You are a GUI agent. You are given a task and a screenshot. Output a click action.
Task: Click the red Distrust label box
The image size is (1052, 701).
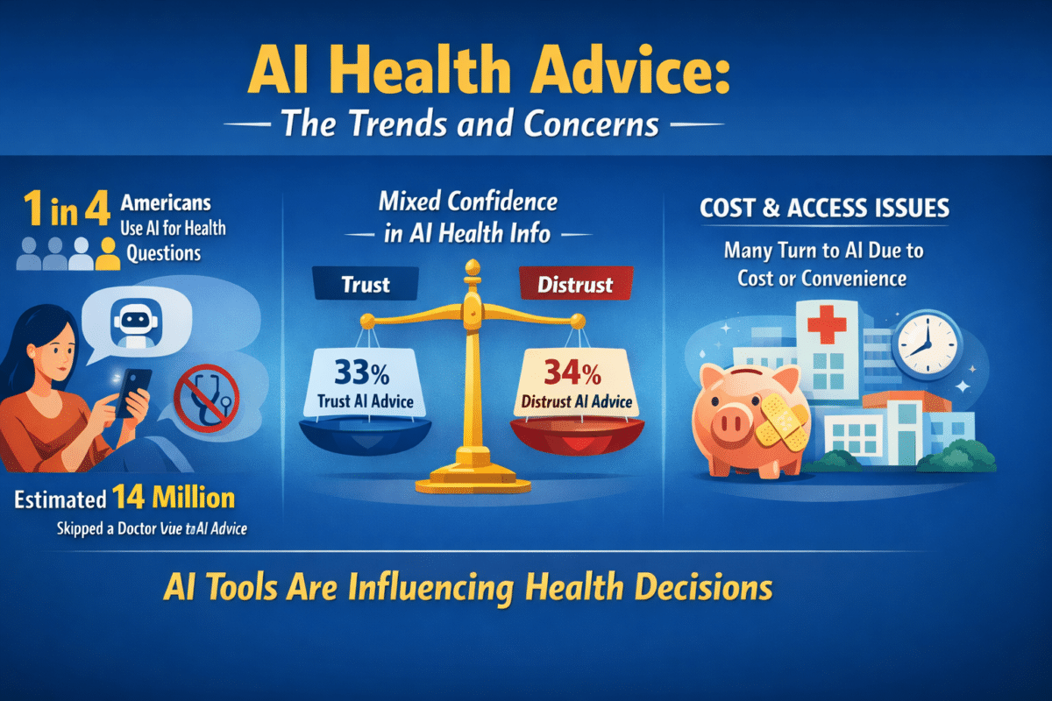pos(576,285)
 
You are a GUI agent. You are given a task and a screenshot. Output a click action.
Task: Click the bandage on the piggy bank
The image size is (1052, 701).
pos(782,421)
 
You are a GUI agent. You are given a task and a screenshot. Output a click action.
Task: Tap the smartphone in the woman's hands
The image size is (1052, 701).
pos(132,393)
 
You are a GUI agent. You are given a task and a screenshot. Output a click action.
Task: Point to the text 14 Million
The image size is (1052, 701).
pos(173,499)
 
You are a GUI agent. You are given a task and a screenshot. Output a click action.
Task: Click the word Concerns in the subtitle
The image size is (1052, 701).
pos(593,124)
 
